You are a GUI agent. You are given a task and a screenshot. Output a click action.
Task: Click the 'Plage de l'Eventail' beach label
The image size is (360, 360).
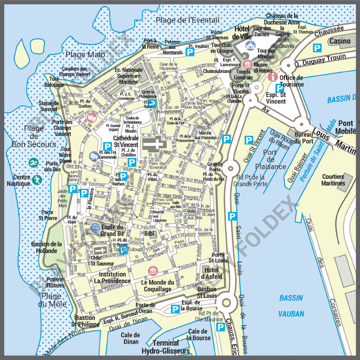187,20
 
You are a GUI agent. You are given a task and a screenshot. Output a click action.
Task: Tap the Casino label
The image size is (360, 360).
340,41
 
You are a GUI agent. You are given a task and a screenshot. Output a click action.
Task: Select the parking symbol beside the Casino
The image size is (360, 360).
317,47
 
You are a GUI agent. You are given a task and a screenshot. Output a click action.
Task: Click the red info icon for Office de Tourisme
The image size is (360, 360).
273,76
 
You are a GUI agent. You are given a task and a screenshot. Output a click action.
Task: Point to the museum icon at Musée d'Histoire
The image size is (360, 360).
248,64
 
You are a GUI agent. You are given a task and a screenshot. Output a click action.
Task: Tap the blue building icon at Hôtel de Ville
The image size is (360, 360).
250,45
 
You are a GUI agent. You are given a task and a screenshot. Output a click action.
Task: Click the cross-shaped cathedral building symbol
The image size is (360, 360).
154,144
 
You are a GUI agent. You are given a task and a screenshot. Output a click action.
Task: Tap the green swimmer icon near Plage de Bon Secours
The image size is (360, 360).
33,163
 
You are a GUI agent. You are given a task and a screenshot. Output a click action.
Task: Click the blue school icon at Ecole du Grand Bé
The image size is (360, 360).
95,227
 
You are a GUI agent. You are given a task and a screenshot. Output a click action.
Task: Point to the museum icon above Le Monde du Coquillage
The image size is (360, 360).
152,271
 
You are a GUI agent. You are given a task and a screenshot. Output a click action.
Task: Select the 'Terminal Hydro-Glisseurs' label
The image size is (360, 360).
165,347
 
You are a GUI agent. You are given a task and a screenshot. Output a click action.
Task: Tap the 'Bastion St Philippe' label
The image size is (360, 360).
85,321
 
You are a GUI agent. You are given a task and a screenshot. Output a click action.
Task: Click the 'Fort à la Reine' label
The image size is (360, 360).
151,44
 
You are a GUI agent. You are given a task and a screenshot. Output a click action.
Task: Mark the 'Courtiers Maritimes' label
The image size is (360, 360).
333,180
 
